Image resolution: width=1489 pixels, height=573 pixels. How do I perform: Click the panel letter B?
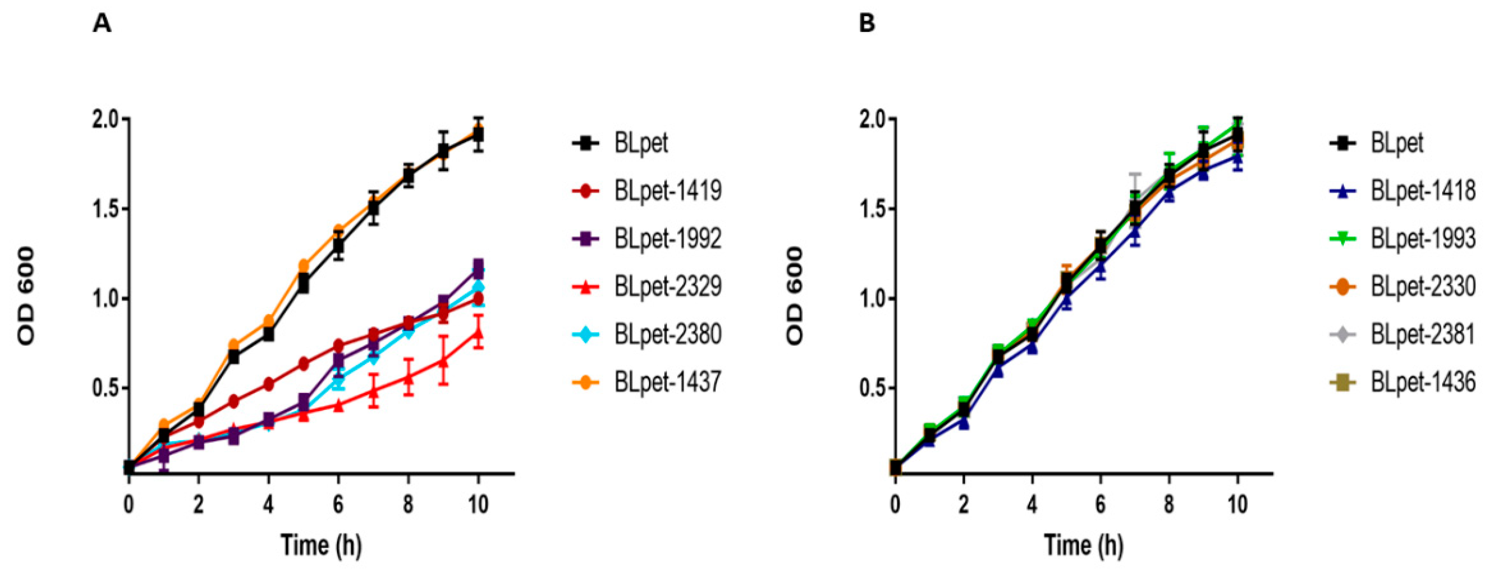pyautogui.click(x=867, y=25)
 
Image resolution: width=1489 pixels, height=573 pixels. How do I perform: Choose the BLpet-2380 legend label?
pyautogui.click(x=668, y=334)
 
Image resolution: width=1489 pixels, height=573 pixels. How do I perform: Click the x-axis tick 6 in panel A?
pyautogui.click(x=338, y=504)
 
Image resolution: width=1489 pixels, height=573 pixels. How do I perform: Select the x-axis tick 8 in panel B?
pyautogui.click(x=1169, y=504)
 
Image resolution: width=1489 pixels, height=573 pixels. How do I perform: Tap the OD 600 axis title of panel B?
pyautogui.click(x=795, y=297)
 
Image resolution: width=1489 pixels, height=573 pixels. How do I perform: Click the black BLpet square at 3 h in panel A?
pyautogui.click(x=234, y=358)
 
